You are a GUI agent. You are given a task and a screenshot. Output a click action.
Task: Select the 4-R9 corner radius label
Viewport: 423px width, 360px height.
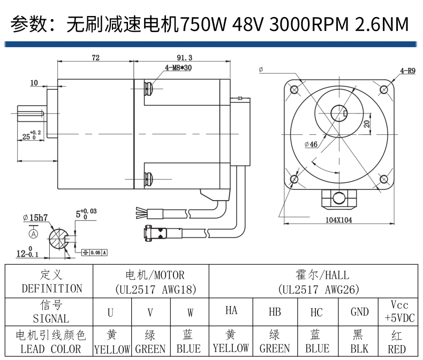click(x=407, y=70)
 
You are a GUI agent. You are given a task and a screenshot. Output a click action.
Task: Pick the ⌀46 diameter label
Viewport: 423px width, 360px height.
click(x=311, y=144)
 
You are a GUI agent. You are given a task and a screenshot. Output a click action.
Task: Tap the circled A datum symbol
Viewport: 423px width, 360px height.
click(x=34, y=234)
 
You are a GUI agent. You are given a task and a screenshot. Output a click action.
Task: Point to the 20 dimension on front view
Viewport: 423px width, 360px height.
click(x=366, y=124)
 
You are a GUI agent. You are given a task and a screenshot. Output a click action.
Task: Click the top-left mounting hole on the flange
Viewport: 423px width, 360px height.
click(x=294, y=89)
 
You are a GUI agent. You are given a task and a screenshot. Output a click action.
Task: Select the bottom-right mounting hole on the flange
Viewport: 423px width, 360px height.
click(x=383, y=179)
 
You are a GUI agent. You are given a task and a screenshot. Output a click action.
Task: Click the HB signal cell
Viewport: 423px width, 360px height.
click(x=274, y=312)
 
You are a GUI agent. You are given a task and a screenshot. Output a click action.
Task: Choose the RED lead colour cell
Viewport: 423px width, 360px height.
click(x=396, y=342)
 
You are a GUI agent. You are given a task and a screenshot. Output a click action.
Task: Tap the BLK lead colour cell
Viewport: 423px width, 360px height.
click(x=359, y=342)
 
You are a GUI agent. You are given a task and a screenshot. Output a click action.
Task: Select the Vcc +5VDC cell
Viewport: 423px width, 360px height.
click(x=396, y=311)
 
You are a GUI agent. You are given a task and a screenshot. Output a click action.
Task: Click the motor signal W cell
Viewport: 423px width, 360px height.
click(x=190, y=312)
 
